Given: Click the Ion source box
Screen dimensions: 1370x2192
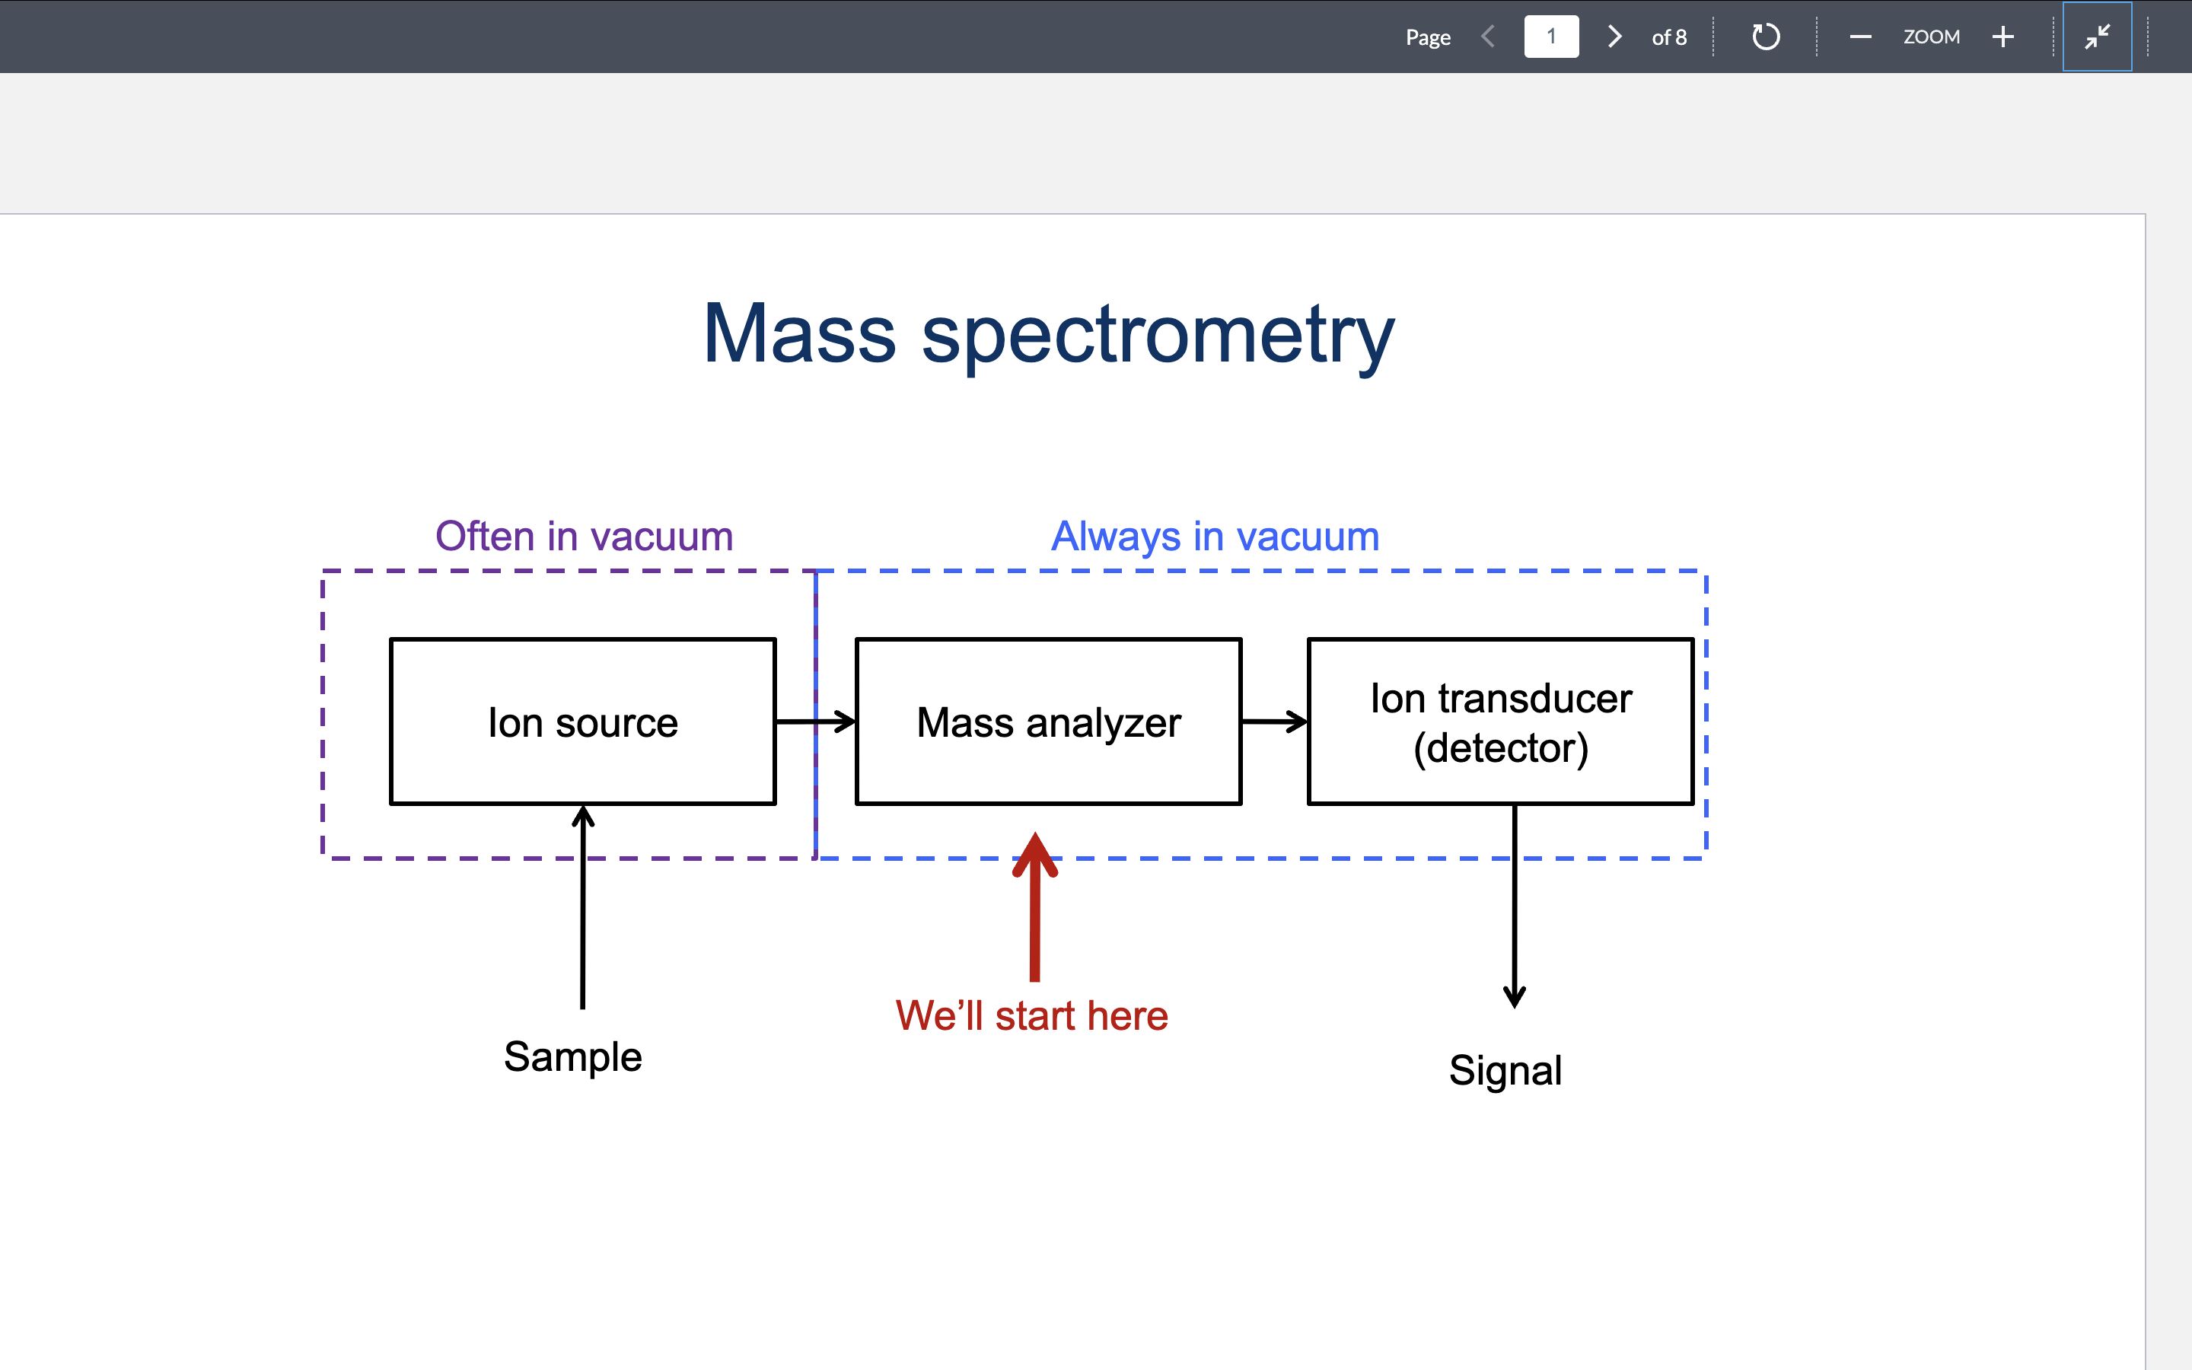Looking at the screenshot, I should click(582, 722).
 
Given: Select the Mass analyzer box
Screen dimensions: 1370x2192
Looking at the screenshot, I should click(1048, 722).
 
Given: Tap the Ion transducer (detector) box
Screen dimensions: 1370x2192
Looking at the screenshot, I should click(1500, 722).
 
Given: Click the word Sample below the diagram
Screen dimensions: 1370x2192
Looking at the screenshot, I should click(572, 1056).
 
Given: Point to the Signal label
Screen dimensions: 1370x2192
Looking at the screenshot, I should click(1505, 1070).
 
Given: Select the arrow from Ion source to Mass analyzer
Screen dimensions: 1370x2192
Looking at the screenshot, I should click(815, 722).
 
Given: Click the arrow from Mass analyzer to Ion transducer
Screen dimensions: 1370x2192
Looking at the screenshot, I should click(1273, 722).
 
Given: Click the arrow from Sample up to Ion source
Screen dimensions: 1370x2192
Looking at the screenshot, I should click(582, 906).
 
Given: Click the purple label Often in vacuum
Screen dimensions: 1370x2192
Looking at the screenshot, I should click(585, 537).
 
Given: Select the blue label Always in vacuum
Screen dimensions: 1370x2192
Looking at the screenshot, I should click(1215, 537).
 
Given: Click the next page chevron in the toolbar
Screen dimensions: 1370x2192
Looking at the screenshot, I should click(1614, 37).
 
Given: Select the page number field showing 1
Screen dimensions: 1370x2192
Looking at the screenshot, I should click(1550, 37).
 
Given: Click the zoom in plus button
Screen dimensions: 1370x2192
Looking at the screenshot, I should click(2002, 37).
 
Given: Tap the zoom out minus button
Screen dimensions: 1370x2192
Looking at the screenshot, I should click(1860, 37).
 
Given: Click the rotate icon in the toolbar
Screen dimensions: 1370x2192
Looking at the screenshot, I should click(1765, 37).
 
